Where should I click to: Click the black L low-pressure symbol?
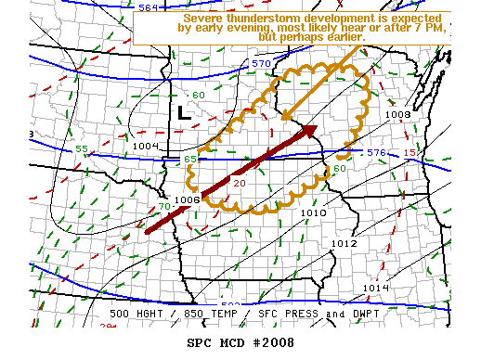point(183,113)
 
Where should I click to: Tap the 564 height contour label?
point(148,7)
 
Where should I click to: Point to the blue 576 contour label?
point(375,152)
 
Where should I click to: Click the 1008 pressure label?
point(396,115)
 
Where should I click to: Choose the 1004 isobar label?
point(145,147)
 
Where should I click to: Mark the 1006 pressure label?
point(187,199)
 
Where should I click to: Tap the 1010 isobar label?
point(313,212)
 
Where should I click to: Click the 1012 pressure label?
point(344,243)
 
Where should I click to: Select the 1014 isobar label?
point(375,289)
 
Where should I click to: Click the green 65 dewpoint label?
point(189,161)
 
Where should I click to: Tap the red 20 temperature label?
point(239,183)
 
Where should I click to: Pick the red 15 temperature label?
point(409,152)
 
